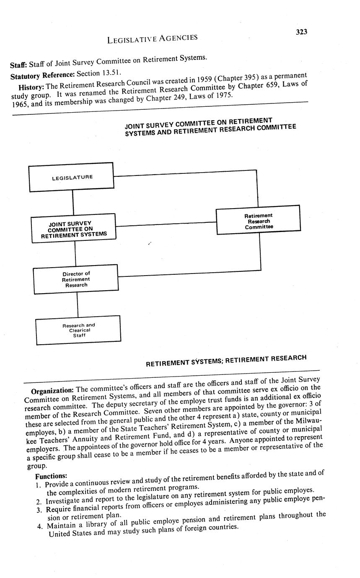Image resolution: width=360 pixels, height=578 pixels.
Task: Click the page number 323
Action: (301, 32)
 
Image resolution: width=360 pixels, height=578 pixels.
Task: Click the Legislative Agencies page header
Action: (152, 39)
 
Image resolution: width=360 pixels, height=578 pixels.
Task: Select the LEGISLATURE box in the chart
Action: (71, 177)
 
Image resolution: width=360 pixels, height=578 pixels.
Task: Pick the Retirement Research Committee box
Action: (258, 219)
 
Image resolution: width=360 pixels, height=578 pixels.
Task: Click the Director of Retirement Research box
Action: (76, 279)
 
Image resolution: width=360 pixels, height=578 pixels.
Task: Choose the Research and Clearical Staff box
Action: (78, 330)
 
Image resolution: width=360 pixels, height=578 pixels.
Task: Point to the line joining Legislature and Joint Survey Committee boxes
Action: (73, 203)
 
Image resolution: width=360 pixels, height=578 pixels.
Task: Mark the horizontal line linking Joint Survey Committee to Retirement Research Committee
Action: (166, 224)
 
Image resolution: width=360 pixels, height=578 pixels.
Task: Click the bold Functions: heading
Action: (51, 476)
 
